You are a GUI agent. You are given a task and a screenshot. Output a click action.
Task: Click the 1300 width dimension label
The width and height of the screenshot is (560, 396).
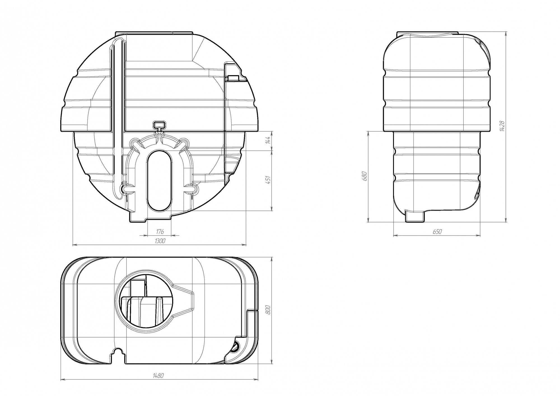(159, 241)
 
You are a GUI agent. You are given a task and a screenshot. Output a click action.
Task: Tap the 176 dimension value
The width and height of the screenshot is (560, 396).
(160, 232)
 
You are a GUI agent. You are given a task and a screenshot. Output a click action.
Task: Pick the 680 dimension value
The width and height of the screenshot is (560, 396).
(364, 176)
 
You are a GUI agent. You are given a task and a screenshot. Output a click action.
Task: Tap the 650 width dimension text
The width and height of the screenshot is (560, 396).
(437, 232)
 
